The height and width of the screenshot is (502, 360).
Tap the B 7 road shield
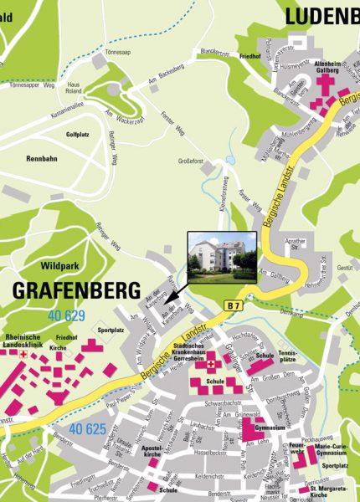pos(234,308)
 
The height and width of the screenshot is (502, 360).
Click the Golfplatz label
pos(77,134)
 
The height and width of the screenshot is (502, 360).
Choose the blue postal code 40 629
pos(67,315)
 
